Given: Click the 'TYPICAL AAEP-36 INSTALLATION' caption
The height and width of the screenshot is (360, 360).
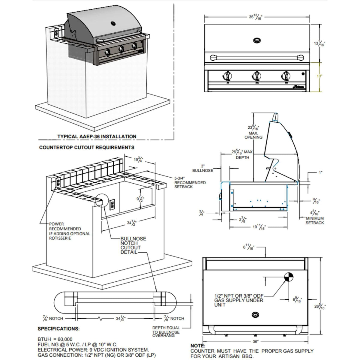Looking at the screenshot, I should pos(97,136).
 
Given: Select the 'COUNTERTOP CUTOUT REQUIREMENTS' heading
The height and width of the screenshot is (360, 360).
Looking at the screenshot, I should pos(87,148).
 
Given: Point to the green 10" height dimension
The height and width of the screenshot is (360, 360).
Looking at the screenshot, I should pos(319,76).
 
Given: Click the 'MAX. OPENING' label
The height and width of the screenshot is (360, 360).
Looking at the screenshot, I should pos(253,135).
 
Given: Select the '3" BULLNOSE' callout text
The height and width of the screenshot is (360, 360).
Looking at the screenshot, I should pos(207,168).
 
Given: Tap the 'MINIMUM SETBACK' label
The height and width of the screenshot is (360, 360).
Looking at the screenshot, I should pos(315,220).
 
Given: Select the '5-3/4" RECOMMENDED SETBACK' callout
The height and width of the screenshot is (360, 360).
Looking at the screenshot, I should pos(190,182).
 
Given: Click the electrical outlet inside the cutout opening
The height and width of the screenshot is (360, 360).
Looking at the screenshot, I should pos(113,205).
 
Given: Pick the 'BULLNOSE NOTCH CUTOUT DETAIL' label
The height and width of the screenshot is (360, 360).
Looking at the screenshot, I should pos(133,245).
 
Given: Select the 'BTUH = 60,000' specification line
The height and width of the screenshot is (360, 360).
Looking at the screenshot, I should pos(55,340).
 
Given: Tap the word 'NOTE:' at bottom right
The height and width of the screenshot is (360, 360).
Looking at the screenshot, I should pos(198,346).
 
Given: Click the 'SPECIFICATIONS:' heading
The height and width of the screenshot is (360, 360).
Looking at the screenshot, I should pos(58,329).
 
